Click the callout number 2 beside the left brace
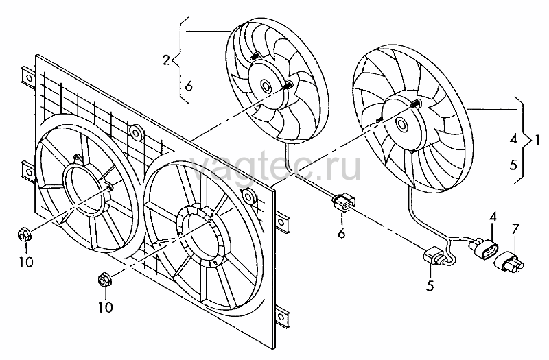pos(166,60)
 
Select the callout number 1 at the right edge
pos(537,141)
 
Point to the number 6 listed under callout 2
pos(189,86)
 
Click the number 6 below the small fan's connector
pos(342,232)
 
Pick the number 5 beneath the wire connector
pos(430,285)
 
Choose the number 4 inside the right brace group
pos(513,140)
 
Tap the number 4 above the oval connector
pos(493,217)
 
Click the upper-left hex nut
pos(24,235)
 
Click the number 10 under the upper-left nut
pos(26,262)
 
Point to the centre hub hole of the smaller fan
pos(265,86)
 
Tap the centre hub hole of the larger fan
pos(401,123)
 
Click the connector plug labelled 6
pos(342,204)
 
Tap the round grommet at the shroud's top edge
pos(135,132)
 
